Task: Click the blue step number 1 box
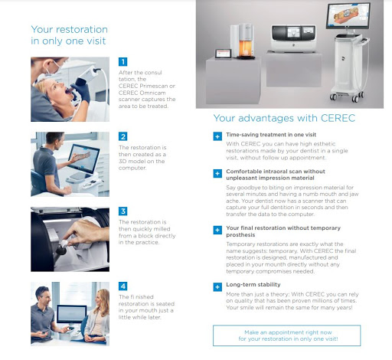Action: coord(122,61)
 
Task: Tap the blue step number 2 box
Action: coord(122,136)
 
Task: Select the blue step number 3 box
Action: coord(122,211)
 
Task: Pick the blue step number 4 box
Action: coord(122,286)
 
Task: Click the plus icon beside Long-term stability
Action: coord(217,287)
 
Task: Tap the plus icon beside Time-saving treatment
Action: coord(217,136)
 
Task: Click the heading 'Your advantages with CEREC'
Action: coord(284,118)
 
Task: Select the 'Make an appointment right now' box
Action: coord(286,335)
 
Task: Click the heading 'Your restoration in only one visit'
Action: coord(69,35)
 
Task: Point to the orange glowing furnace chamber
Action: coord(246,48)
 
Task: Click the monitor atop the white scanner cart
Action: coord(348,15)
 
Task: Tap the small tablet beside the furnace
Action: coord(224,54)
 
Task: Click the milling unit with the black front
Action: coord(293,38)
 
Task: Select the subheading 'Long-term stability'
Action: coord(253,284)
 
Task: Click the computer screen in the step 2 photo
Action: coord(83,159)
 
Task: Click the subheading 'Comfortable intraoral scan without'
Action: coord(276,172)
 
